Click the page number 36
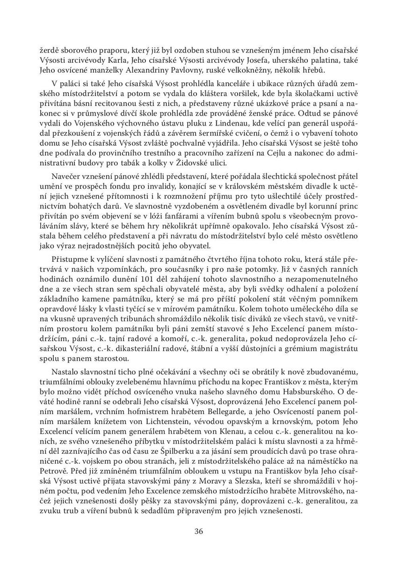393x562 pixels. point(198,531)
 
